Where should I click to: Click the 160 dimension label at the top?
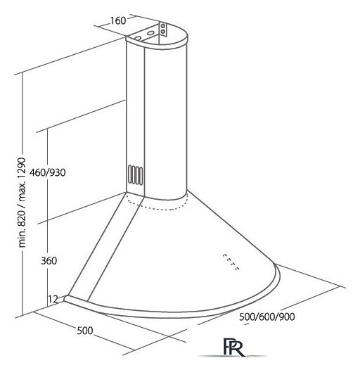pyautogui.click(x=118, y=21)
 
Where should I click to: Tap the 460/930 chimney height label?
pyautogui.click(x=47, y=172)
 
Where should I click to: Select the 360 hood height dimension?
pyautogui.click(x=49, y=261)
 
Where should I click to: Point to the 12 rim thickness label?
pyautogui.click(x=53, y=299)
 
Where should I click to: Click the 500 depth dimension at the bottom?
pyautogui.click(x=85, y=331)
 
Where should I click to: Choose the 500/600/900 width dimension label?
pyautogui.click(x=266, y=317)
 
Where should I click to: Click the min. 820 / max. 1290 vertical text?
pyautogui.click(x=22, y=203)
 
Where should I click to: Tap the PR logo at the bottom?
pyautogui.click(x=233, y=347)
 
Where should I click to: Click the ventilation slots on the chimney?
pyautogui.click(x=135, y=175)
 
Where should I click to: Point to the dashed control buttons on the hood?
pyautogui.click(x=231, y=262)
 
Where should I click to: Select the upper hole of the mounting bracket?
pyautogui.click(x=163, y=26)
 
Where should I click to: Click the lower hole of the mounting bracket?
pyautogui.click(x=163, y=31)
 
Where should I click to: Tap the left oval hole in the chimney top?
pyautogui.click(x=138, y=38)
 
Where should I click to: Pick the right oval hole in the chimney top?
pyautogui.click(x=150, y=33)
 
